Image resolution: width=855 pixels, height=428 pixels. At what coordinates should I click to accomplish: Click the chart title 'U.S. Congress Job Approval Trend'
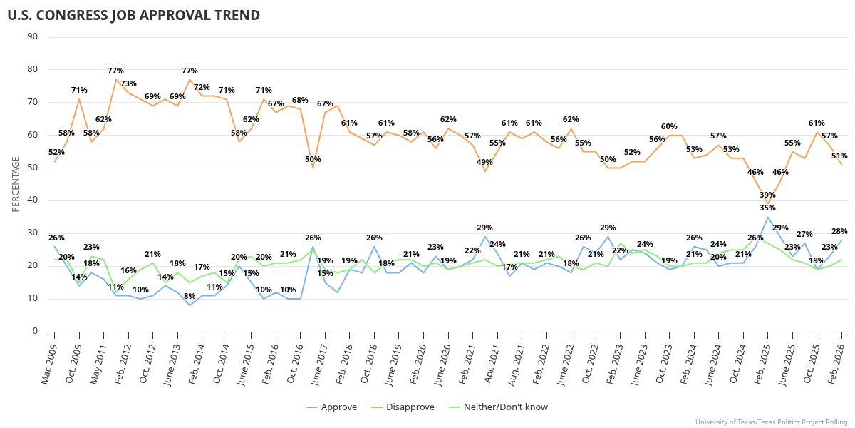pos(133,15)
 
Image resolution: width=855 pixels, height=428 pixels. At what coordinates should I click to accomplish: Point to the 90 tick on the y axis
pos(33,37)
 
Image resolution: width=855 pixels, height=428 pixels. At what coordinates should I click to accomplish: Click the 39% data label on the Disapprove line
pos(767,195)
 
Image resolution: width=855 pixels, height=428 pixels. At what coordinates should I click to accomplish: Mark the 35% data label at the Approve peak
pos(767,208)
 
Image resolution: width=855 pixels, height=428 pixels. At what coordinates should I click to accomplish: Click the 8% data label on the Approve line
pos(190,296)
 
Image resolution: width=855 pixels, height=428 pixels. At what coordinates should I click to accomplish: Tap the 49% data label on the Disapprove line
pos(485,162)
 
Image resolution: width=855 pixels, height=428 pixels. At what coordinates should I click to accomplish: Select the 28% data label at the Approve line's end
pos(839,231)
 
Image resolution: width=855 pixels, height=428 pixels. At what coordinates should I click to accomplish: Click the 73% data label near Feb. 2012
pos(128,83)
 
